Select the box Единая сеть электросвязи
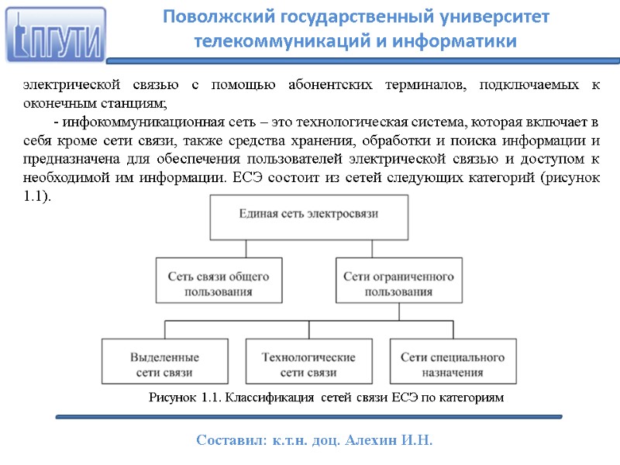pos(309,218)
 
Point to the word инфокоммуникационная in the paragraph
pos(139,123)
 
